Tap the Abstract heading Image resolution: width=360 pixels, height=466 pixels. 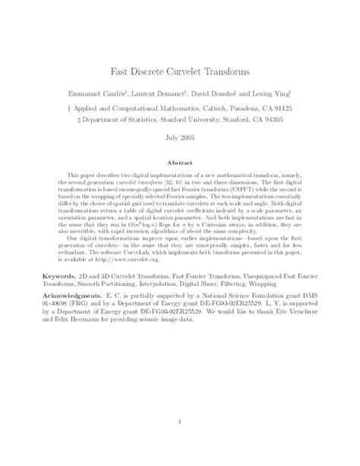pyautogui.click(x=180, y=163)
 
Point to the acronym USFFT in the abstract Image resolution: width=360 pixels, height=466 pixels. pyautogui.click(x=229, y=192)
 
